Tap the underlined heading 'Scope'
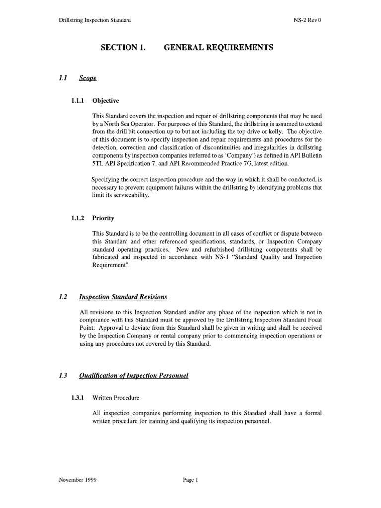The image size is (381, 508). (x=88, y=78)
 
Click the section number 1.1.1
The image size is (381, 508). (x=78, y=100)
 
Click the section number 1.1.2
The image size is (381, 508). (x=78, y=218)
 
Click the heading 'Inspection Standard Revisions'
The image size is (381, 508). (x=123, y=297)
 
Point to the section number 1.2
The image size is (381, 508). (x=62, y=297)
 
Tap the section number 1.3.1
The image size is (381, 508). (x=78, y=398)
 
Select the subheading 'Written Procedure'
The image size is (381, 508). (x=116, y=398)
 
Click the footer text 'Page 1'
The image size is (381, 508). (x=190, y=480)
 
